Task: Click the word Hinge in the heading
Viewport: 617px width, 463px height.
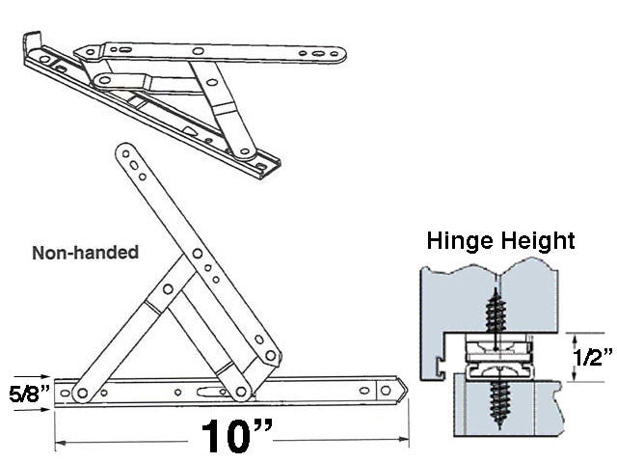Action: (461, 240)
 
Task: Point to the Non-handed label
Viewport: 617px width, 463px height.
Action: (86, 253)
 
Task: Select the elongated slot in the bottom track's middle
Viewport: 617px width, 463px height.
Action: (205, 392)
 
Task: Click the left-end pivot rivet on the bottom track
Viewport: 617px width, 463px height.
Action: (82, 392)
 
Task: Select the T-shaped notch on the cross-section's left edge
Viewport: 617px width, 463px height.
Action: (439, 363)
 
